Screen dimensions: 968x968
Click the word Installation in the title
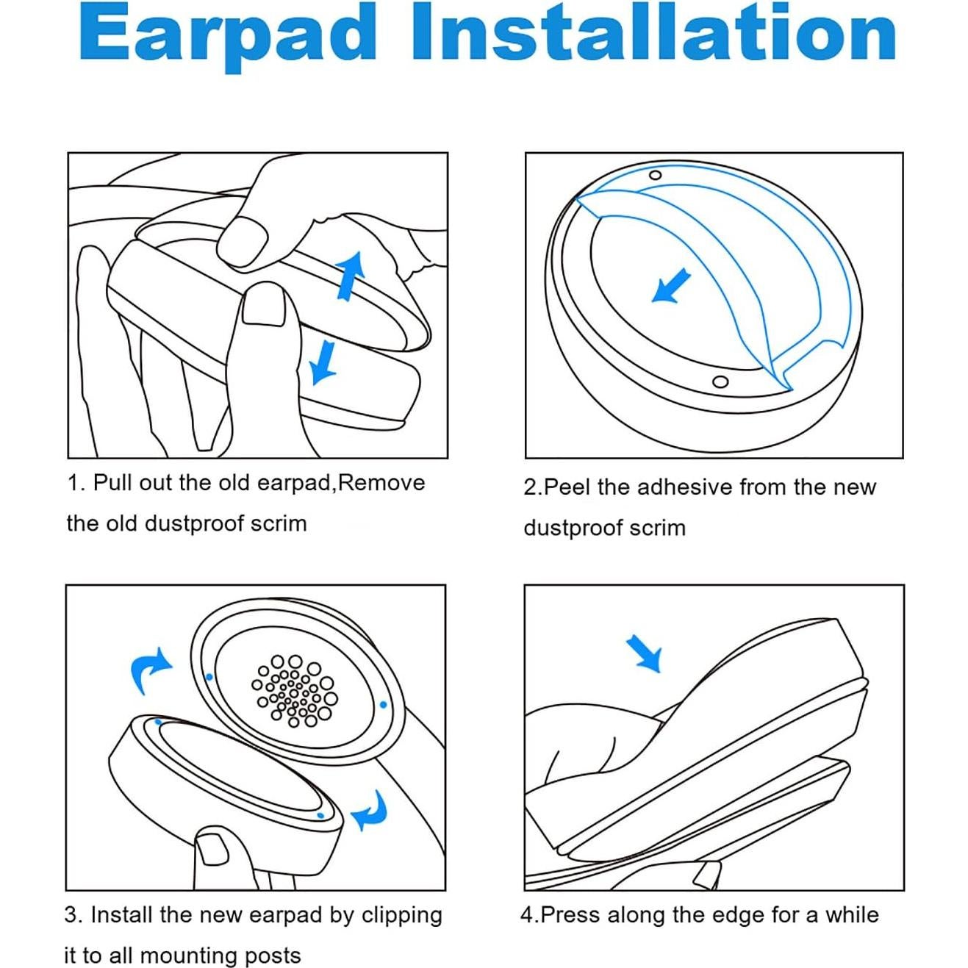pyautogui.click(x=653, y=33)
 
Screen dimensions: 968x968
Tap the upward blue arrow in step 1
pyautogui.click(x=351, y=276)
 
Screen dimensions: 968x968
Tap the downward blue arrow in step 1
pyautogui.click(x=321, y=362)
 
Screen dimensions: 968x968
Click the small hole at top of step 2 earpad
pyautogui.click(x=655, y=175)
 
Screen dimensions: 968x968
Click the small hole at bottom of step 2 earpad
pyautogui.click(x=720, y=381)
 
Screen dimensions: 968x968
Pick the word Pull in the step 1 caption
pyautogui.click(x=112, y=483)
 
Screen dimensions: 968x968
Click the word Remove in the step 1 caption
pyautogui.click(x=382, y=483)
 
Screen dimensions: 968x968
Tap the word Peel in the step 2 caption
pyautogui.click(x=567, y=487)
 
